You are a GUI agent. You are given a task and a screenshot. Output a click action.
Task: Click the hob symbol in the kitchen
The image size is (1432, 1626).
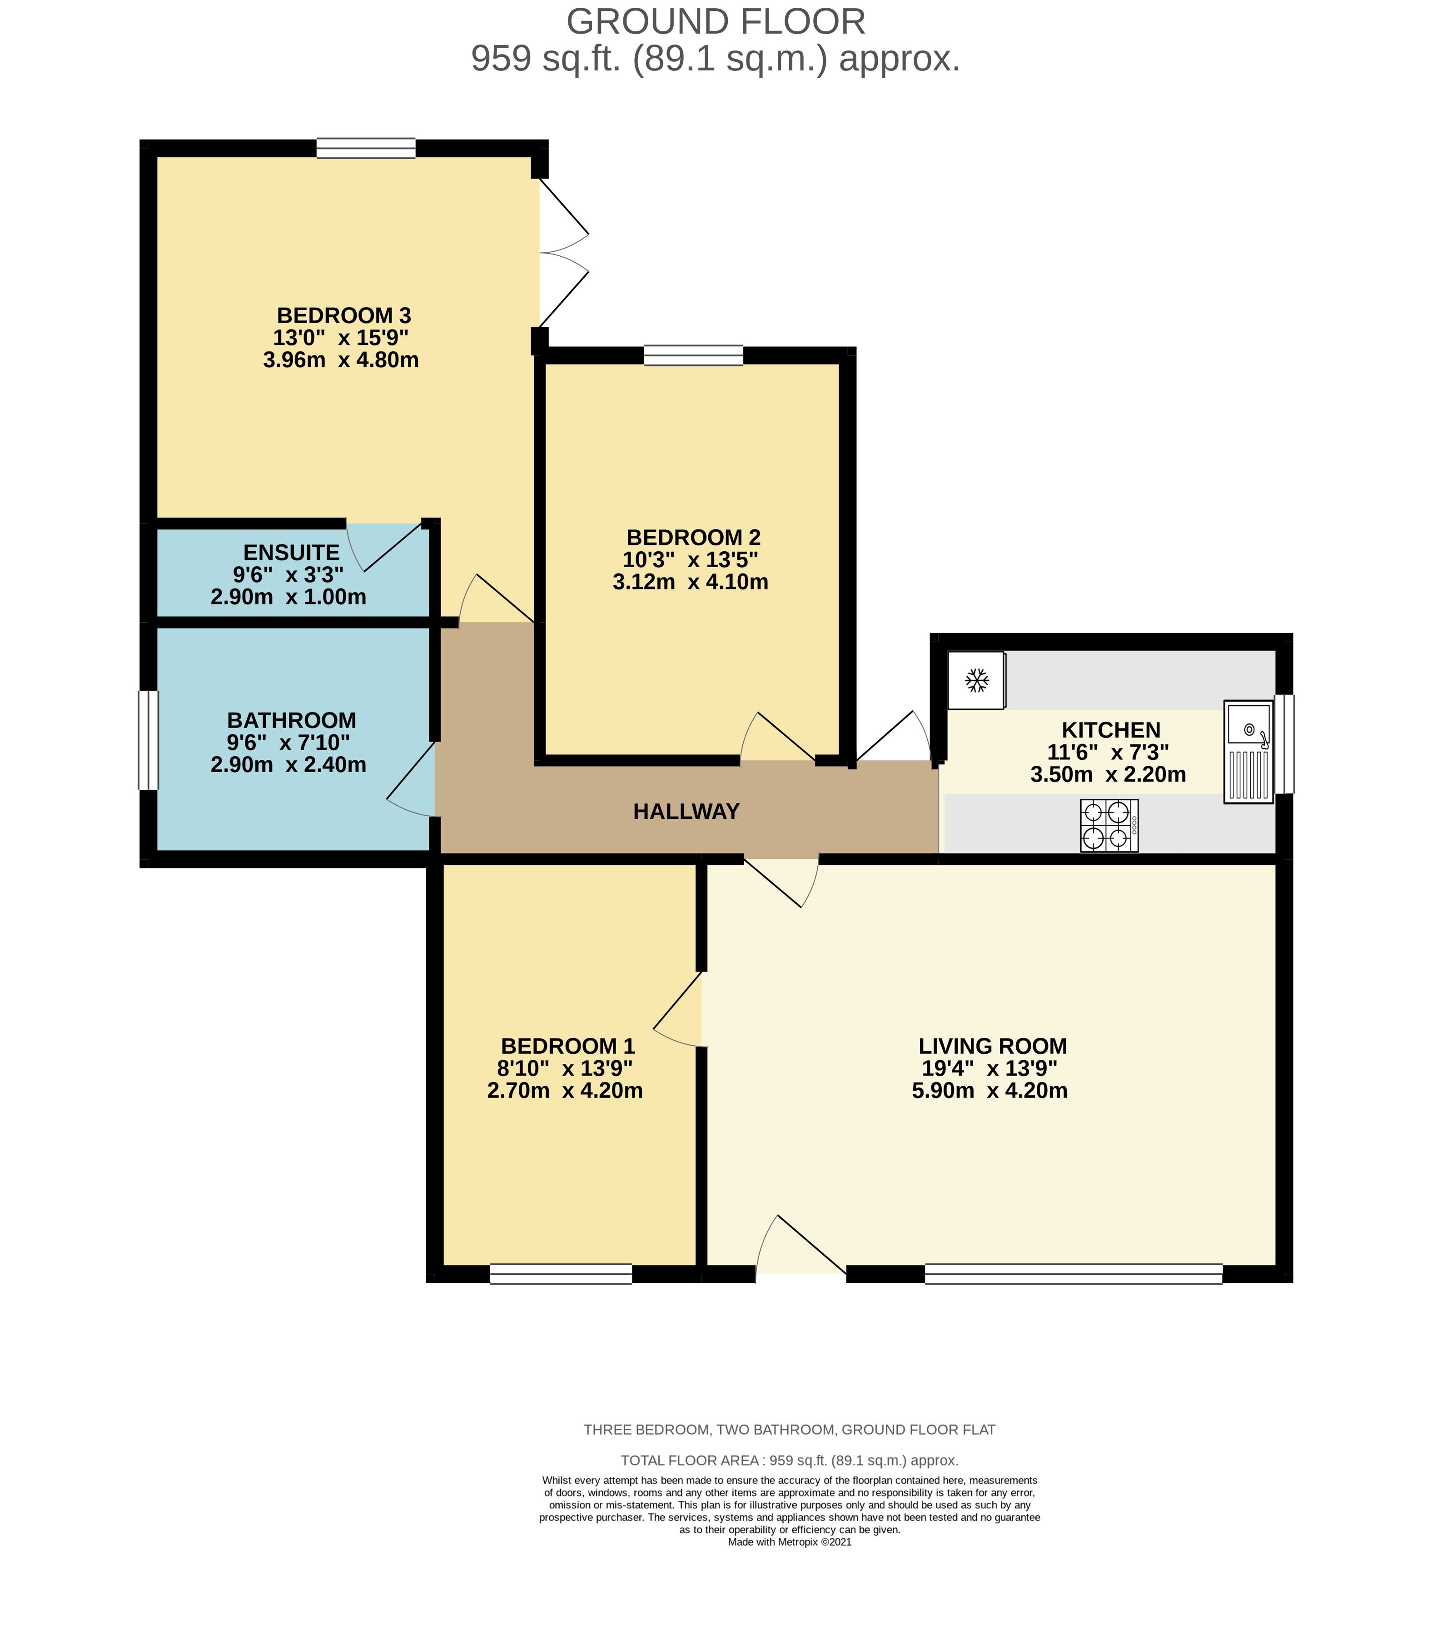[x=1109, y=826]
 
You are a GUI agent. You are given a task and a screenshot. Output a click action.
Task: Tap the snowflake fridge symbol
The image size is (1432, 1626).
[x=976, y=680]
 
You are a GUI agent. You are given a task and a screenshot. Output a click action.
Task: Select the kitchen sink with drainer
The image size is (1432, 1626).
[x=1248, y=752]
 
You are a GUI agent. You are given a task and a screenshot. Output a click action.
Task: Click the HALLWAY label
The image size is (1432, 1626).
[x=686, y=811]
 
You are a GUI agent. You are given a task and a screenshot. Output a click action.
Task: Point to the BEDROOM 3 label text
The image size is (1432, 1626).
[x=343, y=316]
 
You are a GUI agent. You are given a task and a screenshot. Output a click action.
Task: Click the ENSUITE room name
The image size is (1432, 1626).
[x=291, y=552]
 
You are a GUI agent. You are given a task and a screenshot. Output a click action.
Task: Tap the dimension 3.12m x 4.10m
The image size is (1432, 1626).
[x=690, y=582]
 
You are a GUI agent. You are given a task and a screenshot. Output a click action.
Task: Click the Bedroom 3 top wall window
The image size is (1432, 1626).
[x=366, y=148]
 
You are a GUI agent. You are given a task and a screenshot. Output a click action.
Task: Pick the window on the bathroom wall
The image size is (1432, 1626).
[x=149, y=740]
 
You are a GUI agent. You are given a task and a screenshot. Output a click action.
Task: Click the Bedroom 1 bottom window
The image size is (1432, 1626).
[x=561, y=1274]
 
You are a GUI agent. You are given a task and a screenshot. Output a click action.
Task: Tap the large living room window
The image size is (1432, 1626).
[x=1074, y=1274]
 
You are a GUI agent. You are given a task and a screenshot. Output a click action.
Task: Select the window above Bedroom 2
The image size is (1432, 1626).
[x=693, y=355]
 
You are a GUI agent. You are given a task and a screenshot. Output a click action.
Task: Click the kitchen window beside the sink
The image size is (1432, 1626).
[x=1284, y=744]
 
